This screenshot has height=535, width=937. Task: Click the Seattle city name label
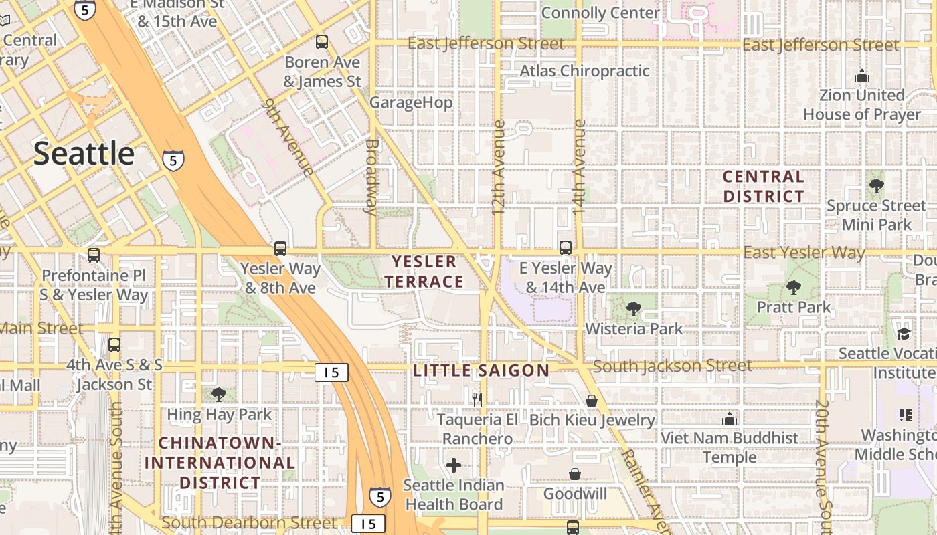(84, 154)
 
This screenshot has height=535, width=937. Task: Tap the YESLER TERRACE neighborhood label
(424, 272)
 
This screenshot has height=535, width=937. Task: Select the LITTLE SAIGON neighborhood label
(481, 370)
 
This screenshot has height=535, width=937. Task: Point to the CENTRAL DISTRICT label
(764, 187)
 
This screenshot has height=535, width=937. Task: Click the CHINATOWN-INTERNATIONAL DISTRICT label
(220, 463)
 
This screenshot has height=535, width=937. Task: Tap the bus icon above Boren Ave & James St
(322, 42)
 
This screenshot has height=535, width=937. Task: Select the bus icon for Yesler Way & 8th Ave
(280, 249)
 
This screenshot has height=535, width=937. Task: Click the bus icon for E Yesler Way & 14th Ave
(566, 248)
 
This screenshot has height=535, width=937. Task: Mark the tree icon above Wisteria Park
(633, 309)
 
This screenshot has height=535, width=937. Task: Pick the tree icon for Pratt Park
(794, 288)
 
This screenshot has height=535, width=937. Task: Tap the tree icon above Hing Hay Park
(218, 395)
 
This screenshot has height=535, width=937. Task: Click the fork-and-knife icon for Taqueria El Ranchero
(477, 400)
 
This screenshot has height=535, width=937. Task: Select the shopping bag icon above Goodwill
(575, 474)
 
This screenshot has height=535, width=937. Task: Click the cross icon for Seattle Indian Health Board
(454, 465)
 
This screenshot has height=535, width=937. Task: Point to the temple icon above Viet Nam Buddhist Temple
(730, 419)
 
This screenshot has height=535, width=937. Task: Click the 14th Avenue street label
(579, 167)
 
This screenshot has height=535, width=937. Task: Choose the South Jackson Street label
(672, 366)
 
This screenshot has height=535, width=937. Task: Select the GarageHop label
(411, 102)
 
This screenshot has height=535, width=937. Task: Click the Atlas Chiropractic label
(584, 71)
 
